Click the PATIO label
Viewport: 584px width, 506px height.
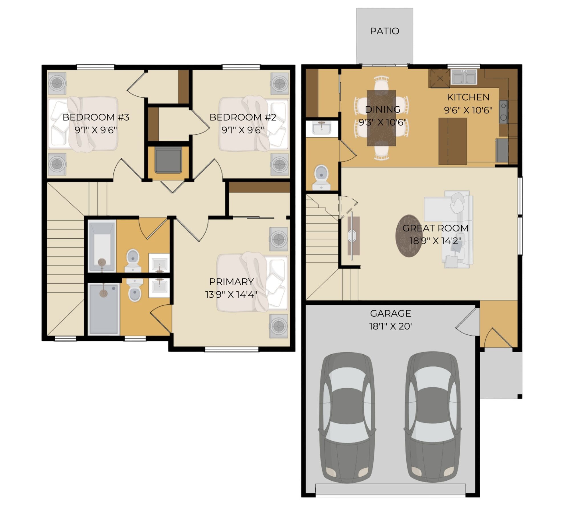point(384,31)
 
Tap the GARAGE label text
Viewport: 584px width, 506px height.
point(390,313)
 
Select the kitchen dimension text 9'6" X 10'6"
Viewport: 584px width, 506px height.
point(468,110)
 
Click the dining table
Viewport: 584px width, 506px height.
point(381,118)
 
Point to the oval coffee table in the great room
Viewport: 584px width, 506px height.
point(409,236)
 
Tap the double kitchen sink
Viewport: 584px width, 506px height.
point(464,77)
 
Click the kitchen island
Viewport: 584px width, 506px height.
point(453,141)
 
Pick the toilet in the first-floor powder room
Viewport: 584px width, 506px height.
point(321,177)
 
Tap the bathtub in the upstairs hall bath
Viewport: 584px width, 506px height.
point(102,246)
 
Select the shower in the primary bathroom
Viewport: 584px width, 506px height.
point(104,308)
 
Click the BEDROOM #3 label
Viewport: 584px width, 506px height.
point(96,117)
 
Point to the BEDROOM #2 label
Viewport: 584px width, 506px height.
point(243,117)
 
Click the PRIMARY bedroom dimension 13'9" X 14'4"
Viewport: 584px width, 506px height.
point(231,294)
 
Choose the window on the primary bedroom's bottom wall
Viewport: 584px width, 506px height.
point(232,349)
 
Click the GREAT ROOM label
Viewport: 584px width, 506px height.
point(435,228)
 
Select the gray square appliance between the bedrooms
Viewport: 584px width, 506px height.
point(168,160)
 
